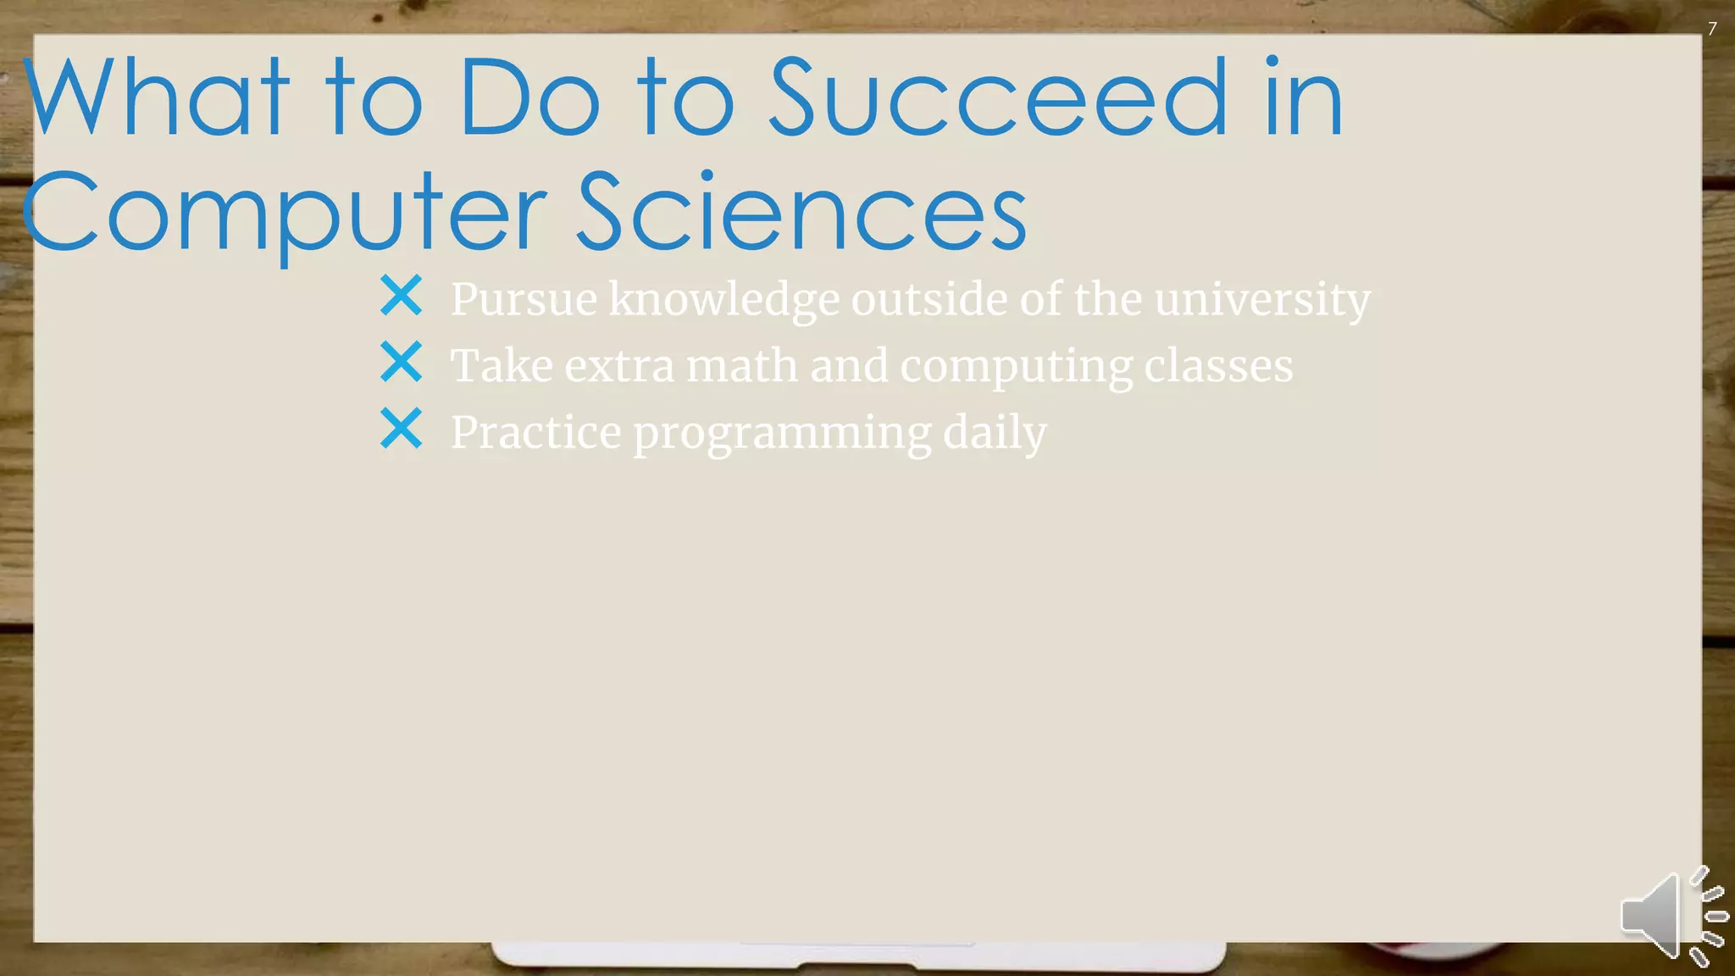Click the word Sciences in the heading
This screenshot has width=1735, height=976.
(801, 212)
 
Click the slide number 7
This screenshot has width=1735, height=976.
(1712, 29)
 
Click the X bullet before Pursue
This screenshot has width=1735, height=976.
(401, 296)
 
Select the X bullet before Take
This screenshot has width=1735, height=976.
(401, 362)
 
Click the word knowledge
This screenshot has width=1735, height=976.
(723, 300)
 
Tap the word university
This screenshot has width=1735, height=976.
(1262, 298)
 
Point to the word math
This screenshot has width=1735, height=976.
(741, 365)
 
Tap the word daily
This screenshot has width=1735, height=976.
(995, 433)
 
